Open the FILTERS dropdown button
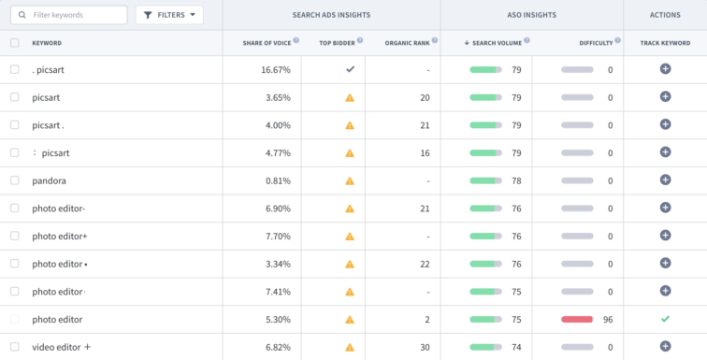(x=169, y=15)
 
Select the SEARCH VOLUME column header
(x=497, y=42)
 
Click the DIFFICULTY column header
(x=595, y=43)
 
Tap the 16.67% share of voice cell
(x=276, y=70)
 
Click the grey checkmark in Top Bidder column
(x=350, y=69)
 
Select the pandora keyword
(x=49, y=180)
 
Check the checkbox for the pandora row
(x=14, y=180)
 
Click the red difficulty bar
(x=577, y=319)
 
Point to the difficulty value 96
(x=607, y=319)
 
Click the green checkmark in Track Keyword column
(x=665, y=319)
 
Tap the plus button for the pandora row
(x=665, y=180)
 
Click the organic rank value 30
(x=424, y=347)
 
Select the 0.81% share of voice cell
(x=278, y=180)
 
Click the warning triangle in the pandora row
(x=350, y=180)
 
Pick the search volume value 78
(x=515, y=180)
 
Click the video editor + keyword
(x=62, y=347)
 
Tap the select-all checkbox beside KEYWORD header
(x=14, y=43)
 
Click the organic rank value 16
(x=424, y=152)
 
